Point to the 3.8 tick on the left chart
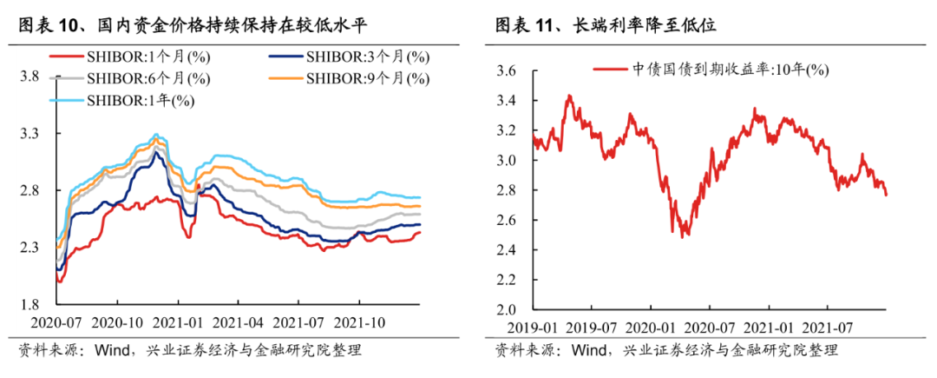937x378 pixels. [29, 76]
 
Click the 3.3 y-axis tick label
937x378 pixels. [29, 134]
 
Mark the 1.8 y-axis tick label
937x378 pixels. [29, 304]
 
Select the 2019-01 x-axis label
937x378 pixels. [531, 327]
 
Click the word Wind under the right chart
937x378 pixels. [582, 350]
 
